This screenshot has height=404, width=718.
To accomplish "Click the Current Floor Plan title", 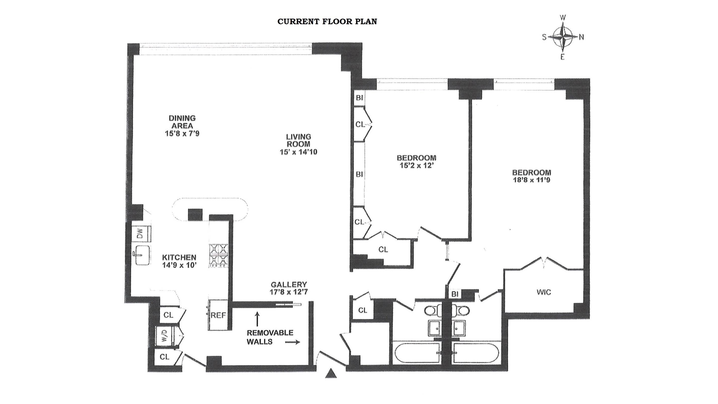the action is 327,22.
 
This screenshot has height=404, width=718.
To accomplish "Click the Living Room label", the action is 298,141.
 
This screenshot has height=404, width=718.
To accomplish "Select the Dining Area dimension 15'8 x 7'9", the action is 182,133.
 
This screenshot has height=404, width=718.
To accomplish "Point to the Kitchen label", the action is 179,257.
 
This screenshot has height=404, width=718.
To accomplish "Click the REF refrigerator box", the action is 218,315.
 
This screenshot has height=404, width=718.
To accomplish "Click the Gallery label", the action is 289,284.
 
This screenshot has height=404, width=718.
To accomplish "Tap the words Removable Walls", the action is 270,337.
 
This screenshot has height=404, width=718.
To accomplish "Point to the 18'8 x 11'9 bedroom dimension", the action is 531,180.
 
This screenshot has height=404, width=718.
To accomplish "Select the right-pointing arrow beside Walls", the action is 292,342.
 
